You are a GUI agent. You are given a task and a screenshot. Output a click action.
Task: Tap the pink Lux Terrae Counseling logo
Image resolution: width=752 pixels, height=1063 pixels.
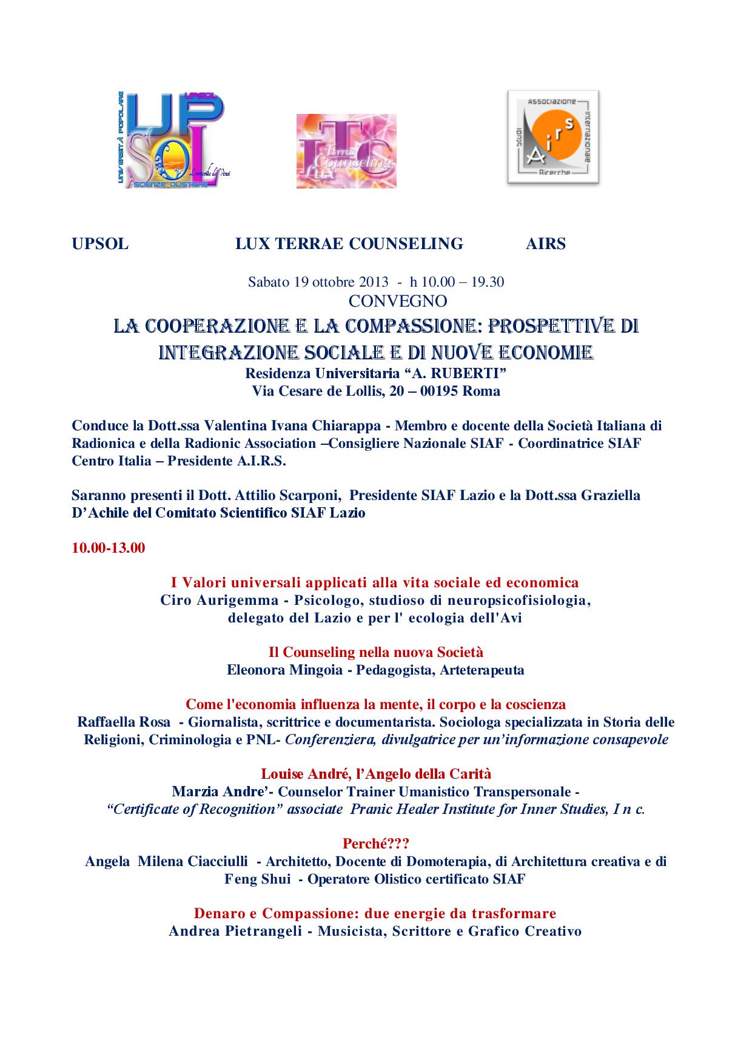point(346,151)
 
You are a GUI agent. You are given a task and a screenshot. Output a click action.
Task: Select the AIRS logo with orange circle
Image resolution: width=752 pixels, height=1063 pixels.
point(552,137)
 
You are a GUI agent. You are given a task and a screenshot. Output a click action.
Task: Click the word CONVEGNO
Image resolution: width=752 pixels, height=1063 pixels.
point(398,301)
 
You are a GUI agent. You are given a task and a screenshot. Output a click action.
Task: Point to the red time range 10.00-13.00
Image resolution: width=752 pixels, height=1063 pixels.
point(109,548)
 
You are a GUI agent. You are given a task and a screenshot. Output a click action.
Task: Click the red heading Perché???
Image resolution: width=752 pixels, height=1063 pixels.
point(376,844)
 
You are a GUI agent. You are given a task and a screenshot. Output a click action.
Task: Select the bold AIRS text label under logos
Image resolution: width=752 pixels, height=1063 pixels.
point(546,244)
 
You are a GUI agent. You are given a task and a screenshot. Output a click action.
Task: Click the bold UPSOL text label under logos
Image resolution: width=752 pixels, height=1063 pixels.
point(100,244)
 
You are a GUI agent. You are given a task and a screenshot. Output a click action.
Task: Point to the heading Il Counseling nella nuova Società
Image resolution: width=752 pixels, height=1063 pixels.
point(376,652)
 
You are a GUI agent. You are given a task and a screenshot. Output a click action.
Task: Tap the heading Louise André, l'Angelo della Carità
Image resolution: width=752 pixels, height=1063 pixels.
point(376,774)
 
